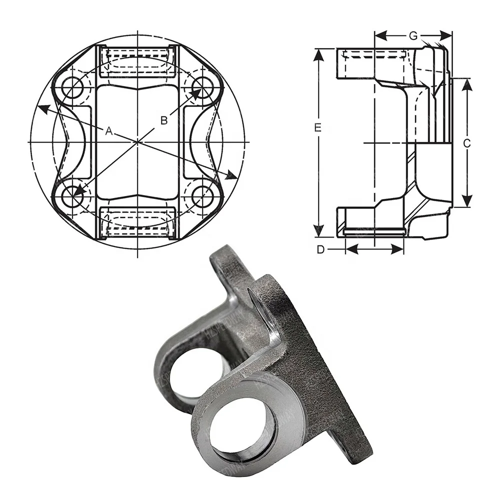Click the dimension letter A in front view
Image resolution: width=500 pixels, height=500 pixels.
click(x=108, y=130)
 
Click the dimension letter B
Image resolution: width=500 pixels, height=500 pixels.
click(x=163, y=119)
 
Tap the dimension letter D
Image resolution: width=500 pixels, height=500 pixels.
click(x=321, y=249)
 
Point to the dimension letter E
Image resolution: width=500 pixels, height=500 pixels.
click(x=317, y=128)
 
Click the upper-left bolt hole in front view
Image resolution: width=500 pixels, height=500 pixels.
click(x=72, y=87)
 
